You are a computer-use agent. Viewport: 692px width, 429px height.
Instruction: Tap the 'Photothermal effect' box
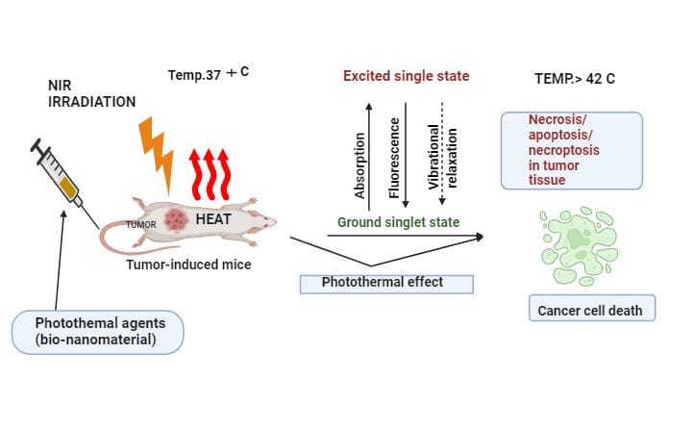386,283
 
